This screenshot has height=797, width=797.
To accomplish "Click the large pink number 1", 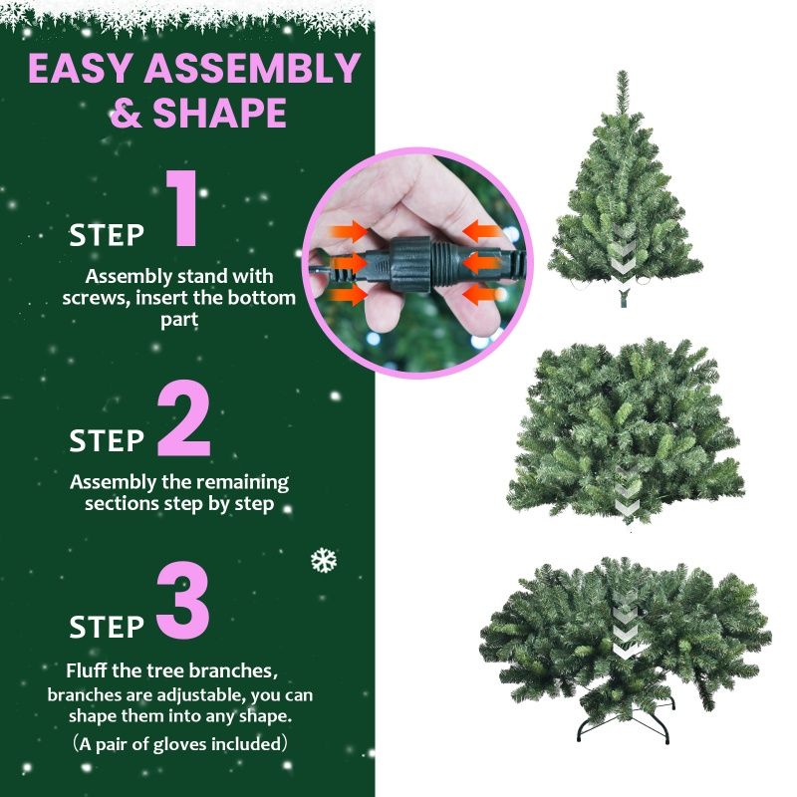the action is (182, 208).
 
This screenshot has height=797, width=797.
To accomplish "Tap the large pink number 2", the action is (184, 418).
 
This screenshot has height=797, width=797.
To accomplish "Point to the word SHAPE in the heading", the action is (219, 113).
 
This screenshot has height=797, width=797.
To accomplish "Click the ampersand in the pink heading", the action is (126, 113).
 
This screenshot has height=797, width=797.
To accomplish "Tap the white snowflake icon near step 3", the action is (324, 560).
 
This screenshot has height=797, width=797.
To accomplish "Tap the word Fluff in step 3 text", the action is (87, 670).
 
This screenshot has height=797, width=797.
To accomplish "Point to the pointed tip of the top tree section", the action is (622, 71).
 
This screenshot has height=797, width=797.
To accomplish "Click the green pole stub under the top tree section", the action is (624, 298).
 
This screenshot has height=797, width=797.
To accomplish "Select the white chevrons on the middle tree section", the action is (627, 490).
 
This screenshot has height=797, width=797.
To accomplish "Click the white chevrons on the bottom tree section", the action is (626, 626).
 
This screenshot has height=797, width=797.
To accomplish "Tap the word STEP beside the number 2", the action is (107, 440).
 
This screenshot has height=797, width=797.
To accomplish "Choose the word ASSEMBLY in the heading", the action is (253, 68).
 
